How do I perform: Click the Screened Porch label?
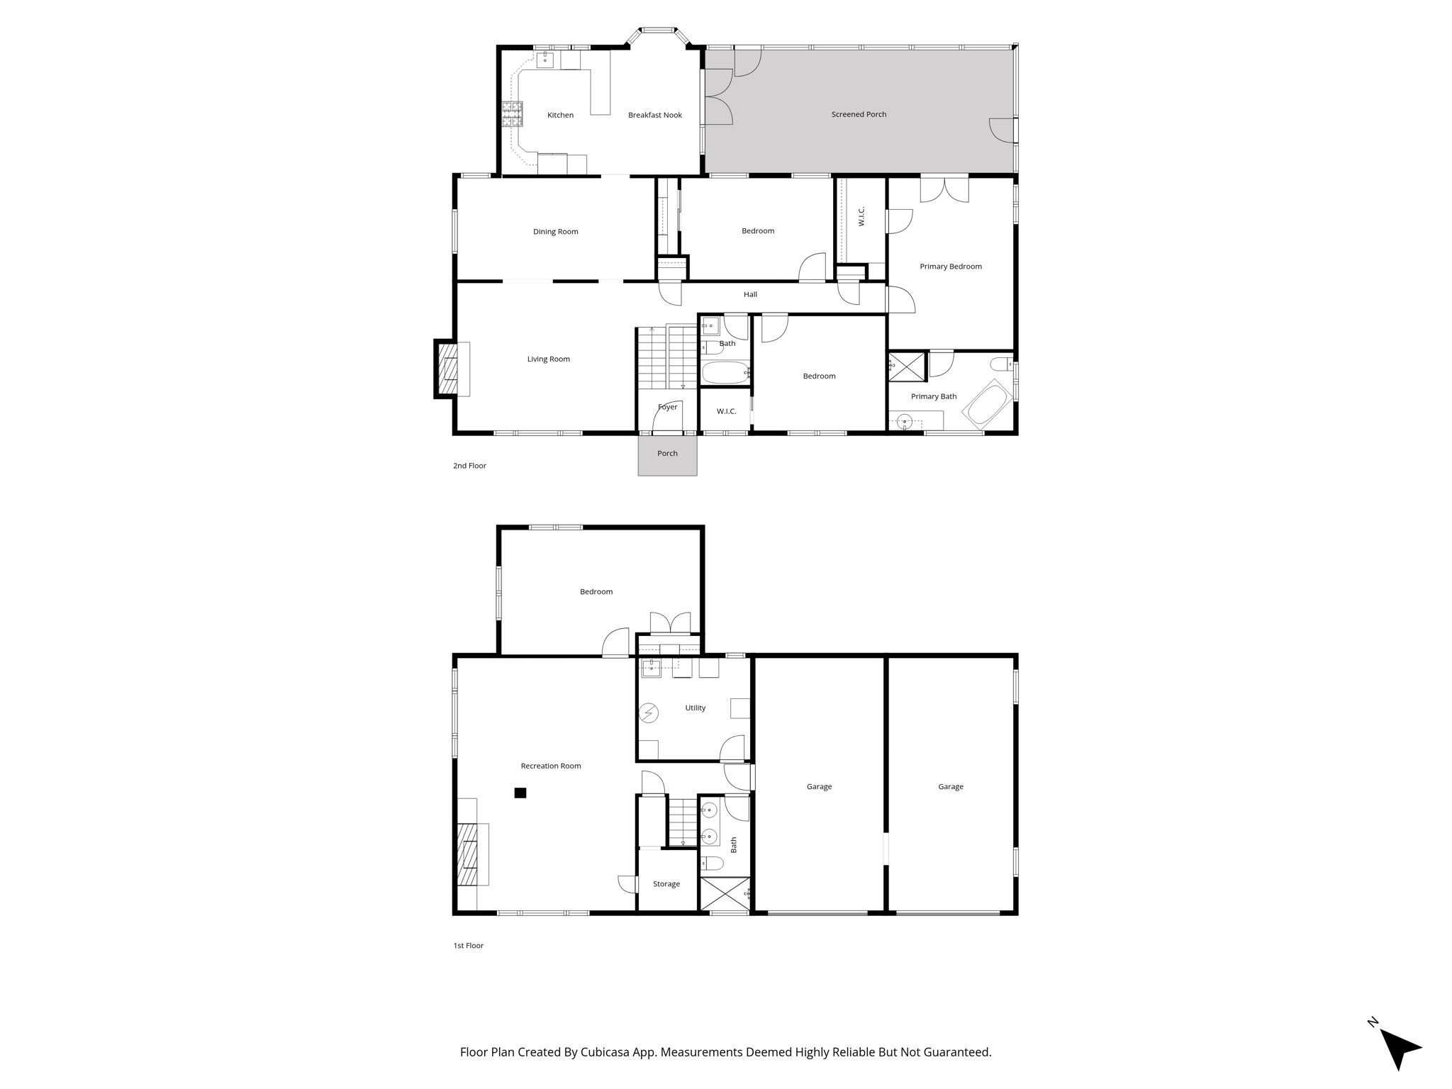859,114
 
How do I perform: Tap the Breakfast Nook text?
654,115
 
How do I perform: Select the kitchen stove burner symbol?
512,114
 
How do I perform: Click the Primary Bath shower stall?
907,366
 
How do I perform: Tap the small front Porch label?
667,454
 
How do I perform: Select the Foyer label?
667,407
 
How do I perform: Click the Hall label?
750,294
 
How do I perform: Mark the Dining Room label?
555,232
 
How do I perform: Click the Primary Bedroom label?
950,267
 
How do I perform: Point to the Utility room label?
695,708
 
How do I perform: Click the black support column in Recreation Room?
520,793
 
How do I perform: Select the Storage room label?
666,884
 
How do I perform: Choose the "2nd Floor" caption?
469,466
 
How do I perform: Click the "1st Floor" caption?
468,946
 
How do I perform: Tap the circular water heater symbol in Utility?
649,713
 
